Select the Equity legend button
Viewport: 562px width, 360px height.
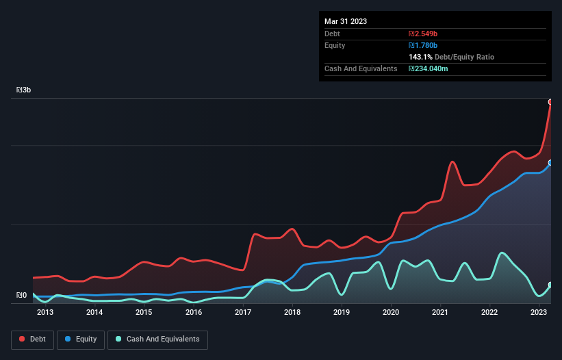81,339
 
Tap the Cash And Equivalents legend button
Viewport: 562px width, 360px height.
157,339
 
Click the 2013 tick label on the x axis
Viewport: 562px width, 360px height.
45,313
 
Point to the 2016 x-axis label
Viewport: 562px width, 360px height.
194,313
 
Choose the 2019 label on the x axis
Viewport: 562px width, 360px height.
342,313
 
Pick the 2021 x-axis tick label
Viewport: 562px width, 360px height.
440,313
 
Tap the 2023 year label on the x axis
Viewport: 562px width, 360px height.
539,313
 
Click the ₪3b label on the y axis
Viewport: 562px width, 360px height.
24,90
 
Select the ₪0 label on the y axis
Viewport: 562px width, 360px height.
21,296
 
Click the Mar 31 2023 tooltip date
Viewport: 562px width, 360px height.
346,21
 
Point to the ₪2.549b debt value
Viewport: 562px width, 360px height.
424,34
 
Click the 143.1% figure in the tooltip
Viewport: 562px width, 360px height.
421,57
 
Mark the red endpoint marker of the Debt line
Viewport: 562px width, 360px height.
550,102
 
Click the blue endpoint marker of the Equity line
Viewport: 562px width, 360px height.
550,163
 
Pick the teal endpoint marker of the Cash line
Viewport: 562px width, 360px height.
550,285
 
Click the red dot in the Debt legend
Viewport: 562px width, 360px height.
23,339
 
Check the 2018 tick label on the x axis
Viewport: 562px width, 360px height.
292,313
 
